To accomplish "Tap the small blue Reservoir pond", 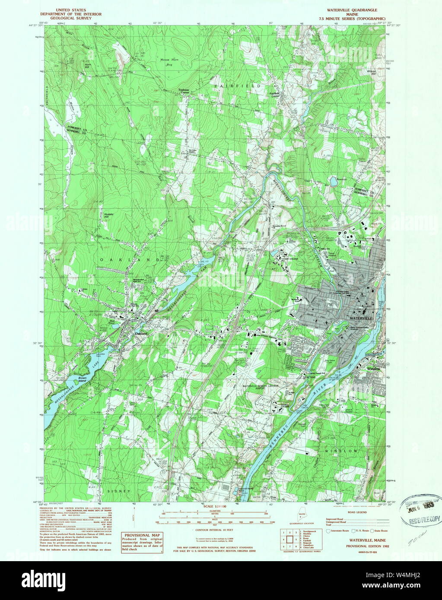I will (333, 182).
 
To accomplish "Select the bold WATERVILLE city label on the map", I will (360, 318).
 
